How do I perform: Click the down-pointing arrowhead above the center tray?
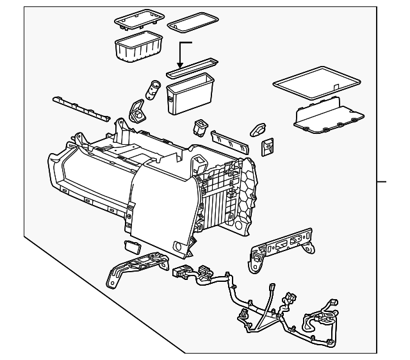pyautogui.click(x=181, y=65)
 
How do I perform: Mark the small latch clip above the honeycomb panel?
pyautogui.click(x=258, y=130)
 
